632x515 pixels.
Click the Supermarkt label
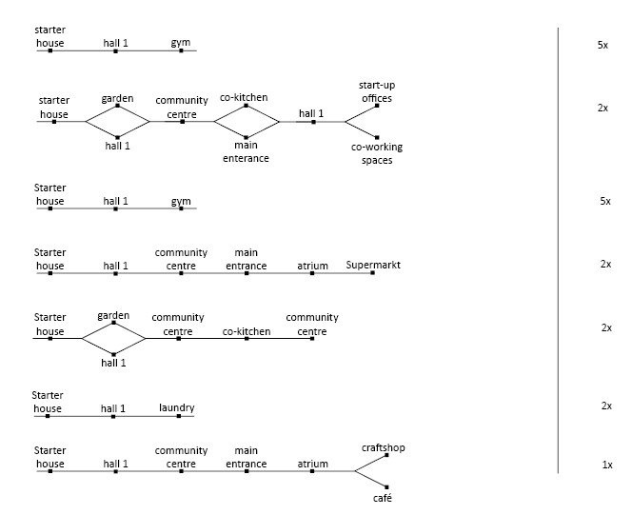[x=373, y=265]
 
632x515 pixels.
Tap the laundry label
[x=176, y=407]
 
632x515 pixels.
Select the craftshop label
[x=384, y=447]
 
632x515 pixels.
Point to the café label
[x=383, y=498]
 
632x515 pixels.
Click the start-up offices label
[x=377, y=91]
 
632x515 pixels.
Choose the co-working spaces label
[x=377, y=153]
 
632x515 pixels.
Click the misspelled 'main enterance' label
[x=246, y=151]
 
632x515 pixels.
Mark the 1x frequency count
[x=607, y=465]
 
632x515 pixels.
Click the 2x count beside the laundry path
[x=606, y=406]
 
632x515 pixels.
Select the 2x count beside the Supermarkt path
[x=605, y=264]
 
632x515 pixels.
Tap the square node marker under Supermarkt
[x=373, y=273]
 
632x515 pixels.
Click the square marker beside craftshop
[x=386, y=455]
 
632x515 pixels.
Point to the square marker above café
[x=386, y=487]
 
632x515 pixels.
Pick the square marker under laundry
[x=179, y=416]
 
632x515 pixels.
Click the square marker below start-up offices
[x=377, y=106]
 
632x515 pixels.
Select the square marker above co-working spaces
[x=377, y=137]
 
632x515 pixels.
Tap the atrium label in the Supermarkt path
[x=312, y=266]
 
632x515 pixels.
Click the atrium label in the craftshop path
[x=312, y=464]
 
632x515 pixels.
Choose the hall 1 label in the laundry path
[x=113, y=408]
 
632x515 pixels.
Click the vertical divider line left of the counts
[x=559, y=250]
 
